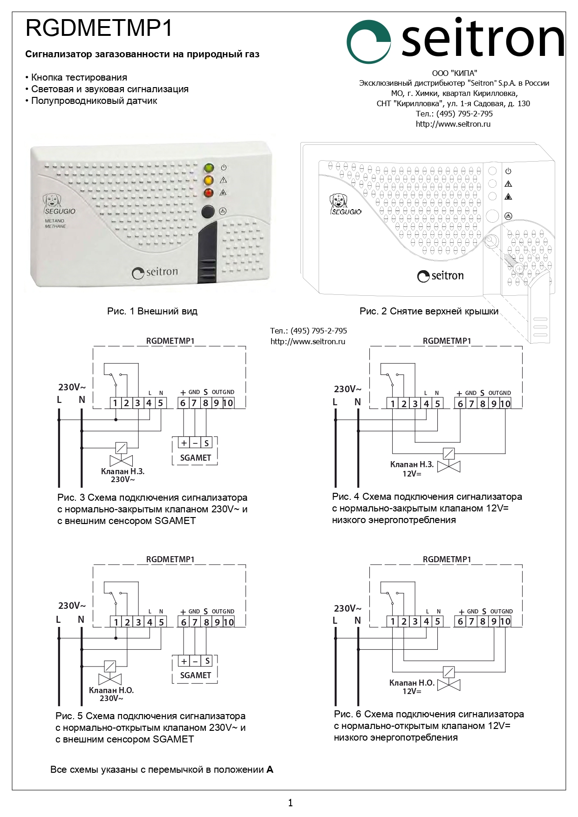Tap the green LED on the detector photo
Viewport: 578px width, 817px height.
point(209,168)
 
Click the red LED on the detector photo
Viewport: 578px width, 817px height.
point(209,193)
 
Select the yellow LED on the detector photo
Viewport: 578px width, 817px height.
point(209,180)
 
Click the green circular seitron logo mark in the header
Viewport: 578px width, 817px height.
point(368,41)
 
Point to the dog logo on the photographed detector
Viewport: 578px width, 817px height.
point(52,200)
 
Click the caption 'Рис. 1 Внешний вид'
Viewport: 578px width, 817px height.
point(152,311)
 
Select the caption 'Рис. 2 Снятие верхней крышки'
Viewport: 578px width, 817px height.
point(428,311)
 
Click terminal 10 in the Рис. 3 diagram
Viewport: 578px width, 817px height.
point(228,403)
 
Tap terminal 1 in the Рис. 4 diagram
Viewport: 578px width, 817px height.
point(393,404)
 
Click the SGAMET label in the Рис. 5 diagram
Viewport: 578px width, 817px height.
point(196,675)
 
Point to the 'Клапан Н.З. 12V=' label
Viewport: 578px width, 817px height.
point(412,469)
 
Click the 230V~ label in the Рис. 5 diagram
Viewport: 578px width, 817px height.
point(72,606)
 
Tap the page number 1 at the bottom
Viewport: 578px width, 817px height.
point(291,803)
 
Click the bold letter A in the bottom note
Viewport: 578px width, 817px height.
point(270,770)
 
